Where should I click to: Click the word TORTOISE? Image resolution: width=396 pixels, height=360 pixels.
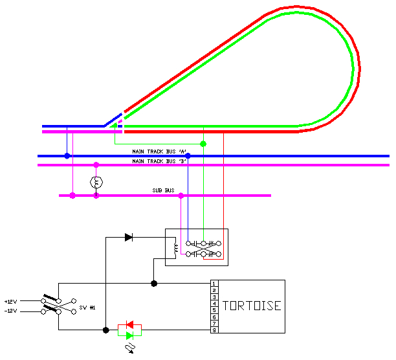coord(252,305)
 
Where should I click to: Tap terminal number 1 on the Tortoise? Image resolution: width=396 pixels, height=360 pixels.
coord(214,284)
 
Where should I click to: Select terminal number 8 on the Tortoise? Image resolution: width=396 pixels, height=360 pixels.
coord(214,330)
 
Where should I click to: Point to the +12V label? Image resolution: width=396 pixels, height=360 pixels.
coord(10,302)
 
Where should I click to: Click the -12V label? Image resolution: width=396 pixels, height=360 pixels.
coord(10,311)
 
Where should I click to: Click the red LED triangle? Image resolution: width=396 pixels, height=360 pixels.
coord(129,324)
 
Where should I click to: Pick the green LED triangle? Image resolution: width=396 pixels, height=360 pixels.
coord(129,335)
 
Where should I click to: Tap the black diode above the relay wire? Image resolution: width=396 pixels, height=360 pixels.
coord(128,238)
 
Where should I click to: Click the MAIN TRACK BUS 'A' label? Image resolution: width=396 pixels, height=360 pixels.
coord(160,151)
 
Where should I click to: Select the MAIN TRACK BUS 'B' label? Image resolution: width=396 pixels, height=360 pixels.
coord(160,161)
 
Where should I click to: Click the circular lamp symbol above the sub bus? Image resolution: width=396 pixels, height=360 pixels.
coord(96,182)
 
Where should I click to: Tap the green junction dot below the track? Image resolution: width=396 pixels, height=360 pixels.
coord(203,144)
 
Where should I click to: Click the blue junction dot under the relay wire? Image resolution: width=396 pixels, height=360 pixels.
coord(188,156)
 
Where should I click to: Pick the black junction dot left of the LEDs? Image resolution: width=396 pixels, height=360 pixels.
coord(105,330)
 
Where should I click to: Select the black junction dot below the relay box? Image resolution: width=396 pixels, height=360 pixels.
coord(153,284)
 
